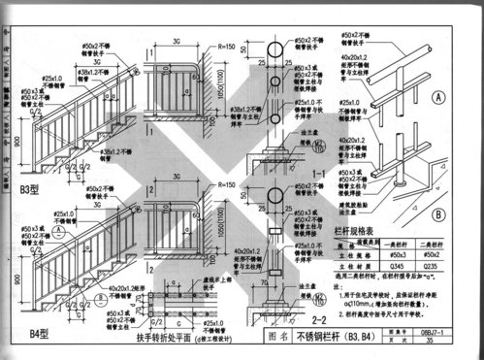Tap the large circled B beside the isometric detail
point(439,215)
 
